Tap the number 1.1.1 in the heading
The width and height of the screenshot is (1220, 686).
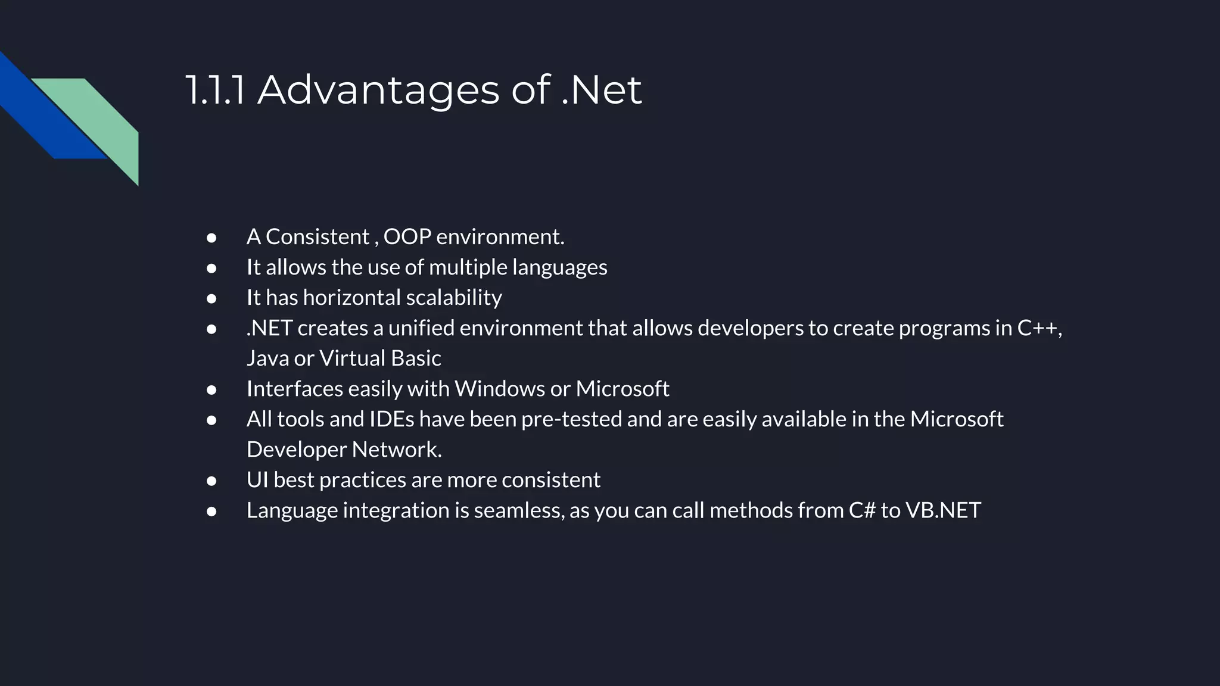pyautogui.click(x=214, y=91)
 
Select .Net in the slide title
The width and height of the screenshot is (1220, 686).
pyautogui.click(x=602, y=91)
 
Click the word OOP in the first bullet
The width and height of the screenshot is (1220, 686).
pyautogui.click(x=407, y=237)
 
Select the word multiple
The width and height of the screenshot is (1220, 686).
pyautogui.click(x=468, y=267)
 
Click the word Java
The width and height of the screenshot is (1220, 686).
pyautogui.click(x=267, y=358)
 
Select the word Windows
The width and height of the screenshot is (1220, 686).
pyautogui.click(x=499, y=389)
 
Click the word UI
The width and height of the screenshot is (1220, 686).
pyautogui.click(x=257, y=480)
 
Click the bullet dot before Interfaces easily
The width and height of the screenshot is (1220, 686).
pyautogui.click(x=211, y=390)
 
